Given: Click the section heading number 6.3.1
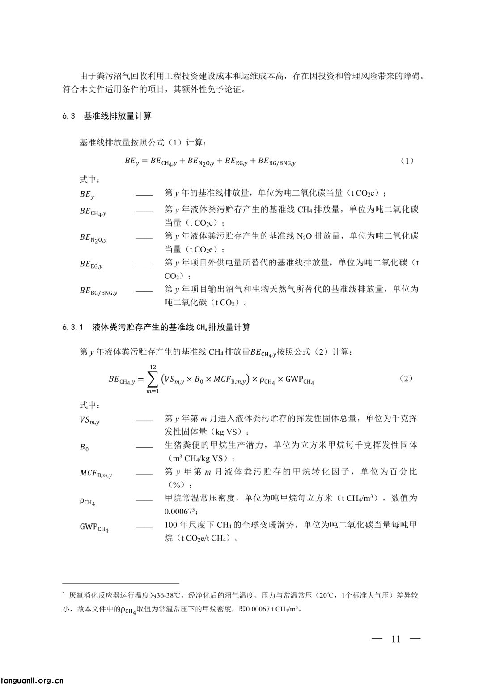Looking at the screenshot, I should coord(73,328).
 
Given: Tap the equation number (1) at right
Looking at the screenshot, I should coord(407,161).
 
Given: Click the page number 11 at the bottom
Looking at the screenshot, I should coord(396,639).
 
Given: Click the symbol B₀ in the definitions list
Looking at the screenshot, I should coord(85,447).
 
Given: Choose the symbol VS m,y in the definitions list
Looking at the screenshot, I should coord(89,421).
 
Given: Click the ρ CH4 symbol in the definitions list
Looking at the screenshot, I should coord(87,501).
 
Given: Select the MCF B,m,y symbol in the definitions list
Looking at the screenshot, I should coord(96,474).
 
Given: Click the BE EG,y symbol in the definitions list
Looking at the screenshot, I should coord(91,265).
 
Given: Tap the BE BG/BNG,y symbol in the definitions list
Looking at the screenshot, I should coord(98,291).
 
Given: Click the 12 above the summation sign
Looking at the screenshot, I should coord(153,367).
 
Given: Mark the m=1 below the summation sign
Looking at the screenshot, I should coord(153,392).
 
